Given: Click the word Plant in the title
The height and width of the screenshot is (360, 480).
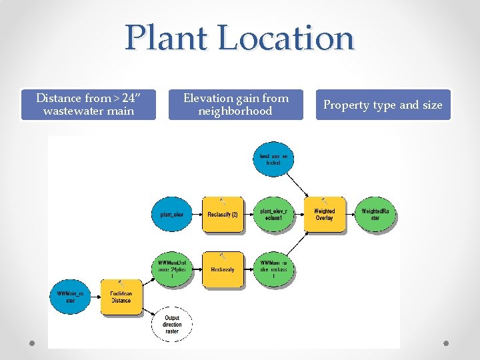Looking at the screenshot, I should click(166, 38).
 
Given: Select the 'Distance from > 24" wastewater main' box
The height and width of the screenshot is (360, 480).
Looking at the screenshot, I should click(88, 105).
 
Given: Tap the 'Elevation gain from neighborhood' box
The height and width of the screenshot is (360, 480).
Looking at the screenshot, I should click(235, 105).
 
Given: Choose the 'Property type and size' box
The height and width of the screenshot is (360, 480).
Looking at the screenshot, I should click(383, 105).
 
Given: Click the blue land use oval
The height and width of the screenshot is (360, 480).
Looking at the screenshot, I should click(273, 159).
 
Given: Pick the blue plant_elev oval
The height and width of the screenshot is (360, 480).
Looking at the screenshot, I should click(171, 215).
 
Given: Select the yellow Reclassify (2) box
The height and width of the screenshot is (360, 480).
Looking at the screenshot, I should click(223, 215).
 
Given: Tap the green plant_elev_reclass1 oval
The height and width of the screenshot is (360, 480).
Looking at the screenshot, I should click(273, 215).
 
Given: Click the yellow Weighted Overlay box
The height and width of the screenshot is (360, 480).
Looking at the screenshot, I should click(325, 215).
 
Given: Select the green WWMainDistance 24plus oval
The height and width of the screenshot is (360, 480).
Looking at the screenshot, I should click(171, 269).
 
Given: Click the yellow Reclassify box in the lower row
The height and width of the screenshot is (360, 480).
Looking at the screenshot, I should click(223, 269).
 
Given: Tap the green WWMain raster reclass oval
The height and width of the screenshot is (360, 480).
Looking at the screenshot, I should click(273, 269).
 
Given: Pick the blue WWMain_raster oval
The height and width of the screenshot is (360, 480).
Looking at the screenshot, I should click(70, 297).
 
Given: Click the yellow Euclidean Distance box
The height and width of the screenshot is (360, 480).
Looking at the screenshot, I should click(121, 297).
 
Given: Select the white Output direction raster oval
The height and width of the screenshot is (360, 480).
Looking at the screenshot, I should click(172, 325).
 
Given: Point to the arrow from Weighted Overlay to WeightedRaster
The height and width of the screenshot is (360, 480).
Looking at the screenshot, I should click(350, 215).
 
